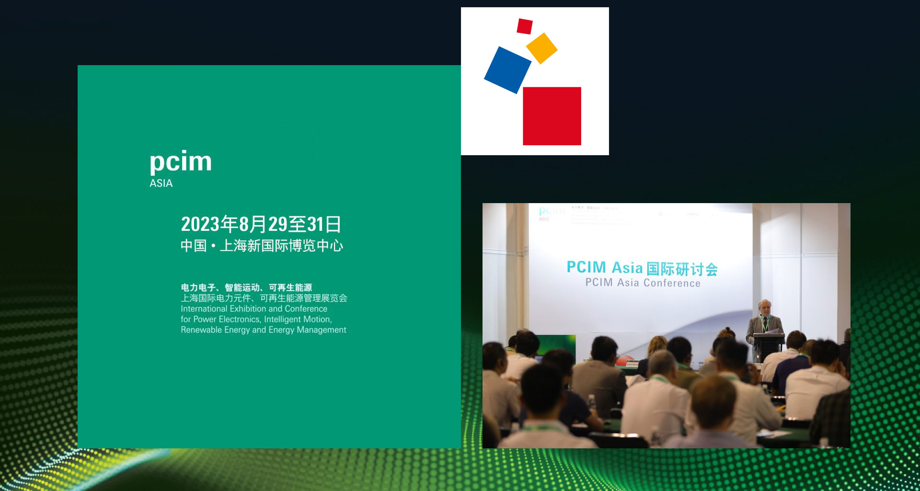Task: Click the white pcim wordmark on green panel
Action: (x=181, y=161)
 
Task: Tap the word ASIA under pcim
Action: (x=161, y=183)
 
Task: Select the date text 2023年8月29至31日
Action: (x=261, y=224)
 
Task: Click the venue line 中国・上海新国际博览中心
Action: (x=262, y=246)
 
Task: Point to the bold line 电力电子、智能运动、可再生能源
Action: (x=246, y=287)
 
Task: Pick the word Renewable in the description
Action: (x=201, y=330)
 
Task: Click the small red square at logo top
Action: (x=525, y=26)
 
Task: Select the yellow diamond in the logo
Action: (x=541, y=48)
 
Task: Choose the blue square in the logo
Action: (x=507, y=70)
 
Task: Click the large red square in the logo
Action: (x=552, y=116)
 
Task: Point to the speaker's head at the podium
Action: (x=765, y=307)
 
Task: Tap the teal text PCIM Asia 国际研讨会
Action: (x=642, y=268)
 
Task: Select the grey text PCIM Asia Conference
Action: (x=643, y=283)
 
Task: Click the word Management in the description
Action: (x=321, y=330)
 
